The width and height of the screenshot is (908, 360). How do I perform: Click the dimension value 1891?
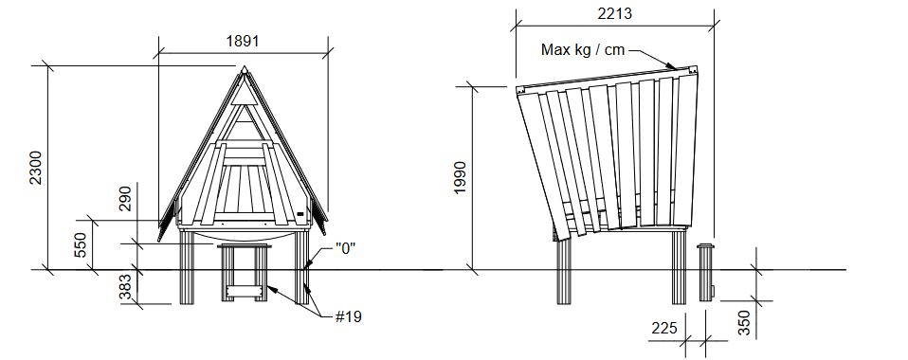click(x=243, y=41)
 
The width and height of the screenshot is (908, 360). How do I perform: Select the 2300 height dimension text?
click(x=36, y=168)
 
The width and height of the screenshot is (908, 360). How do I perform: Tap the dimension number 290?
click(x=126, y=199)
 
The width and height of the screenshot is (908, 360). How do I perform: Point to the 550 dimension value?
click(x=81, y=244)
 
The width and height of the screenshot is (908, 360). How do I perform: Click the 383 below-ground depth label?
click(x=126, y=288)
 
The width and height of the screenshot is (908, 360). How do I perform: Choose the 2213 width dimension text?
click(x=615, y=14)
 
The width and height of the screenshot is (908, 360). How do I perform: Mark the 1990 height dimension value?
click(x=460, y=178)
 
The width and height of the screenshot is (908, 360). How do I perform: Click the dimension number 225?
click(x=664, y=328)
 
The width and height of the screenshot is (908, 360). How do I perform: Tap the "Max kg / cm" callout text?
click(x=583, y=50)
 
